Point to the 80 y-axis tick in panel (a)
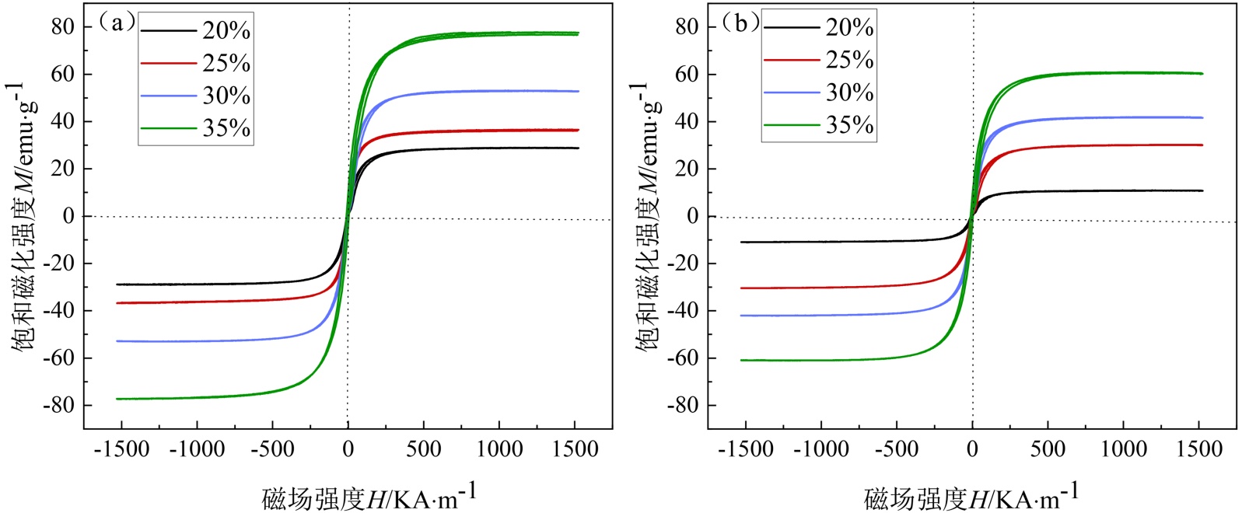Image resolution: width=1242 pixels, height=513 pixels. [63, 26]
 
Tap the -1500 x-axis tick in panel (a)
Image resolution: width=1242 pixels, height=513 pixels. [121, 449]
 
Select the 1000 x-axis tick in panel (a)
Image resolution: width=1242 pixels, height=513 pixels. [499, 449]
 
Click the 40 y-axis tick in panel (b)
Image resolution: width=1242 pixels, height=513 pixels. [687, 121]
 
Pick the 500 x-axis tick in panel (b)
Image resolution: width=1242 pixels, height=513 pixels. [1048, 449]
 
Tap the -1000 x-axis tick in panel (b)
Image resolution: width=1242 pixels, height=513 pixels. [821, 449]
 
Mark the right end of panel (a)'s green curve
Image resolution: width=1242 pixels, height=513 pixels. [578, 33]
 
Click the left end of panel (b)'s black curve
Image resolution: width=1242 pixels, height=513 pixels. [741, 242]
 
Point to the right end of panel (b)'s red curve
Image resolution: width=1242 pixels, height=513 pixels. [1202, 145]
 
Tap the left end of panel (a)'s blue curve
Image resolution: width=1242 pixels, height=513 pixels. [117, 341]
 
